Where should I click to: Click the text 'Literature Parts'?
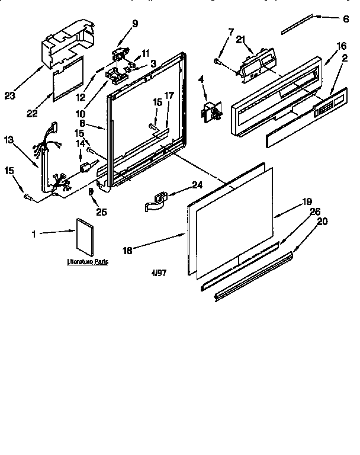point(87,261)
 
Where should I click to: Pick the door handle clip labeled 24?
point(156,201)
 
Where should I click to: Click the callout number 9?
point(135,24)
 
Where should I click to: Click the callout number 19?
point(307,201)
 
